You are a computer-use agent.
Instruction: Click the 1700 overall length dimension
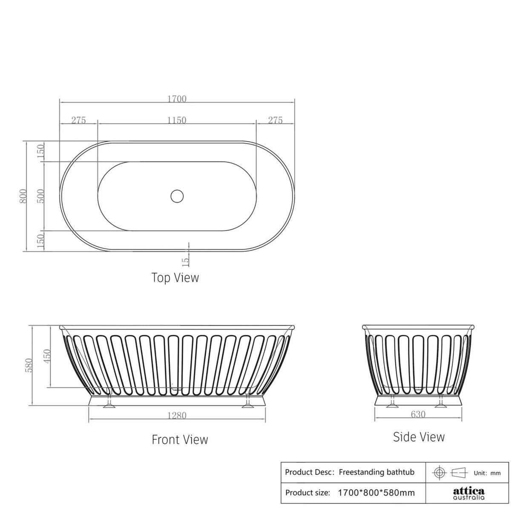tap(177, 99)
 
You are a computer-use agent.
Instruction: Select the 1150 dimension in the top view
tap(177, 120)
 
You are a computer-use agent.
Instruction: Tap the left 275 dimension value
tap(78, 120)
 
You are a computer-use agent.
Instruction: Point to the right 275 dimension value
tap(275, 120)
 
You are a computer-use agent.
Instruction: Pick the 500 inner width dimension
tap(41, 196)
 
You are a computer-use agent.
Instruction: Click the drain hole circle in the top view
tap(177, 196)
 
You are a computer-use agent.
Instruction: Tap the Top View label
tap(175, 278)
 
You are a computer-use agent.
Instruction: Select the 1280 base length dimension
tap(177, 415)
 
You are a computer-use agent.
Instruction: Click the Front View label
tap(180, 439)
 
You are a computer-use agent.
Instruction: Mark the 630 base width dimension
tap(418, 414)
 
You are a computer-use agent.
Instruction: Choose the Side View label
tap(419, 437)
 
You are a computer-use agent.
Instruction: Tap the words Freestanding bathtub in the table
tap(376, 472)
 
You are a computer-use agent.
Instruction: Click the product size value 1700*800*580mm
tap(376, 493)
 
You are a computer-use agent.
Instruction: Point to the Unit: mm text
tap(487, 473)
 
